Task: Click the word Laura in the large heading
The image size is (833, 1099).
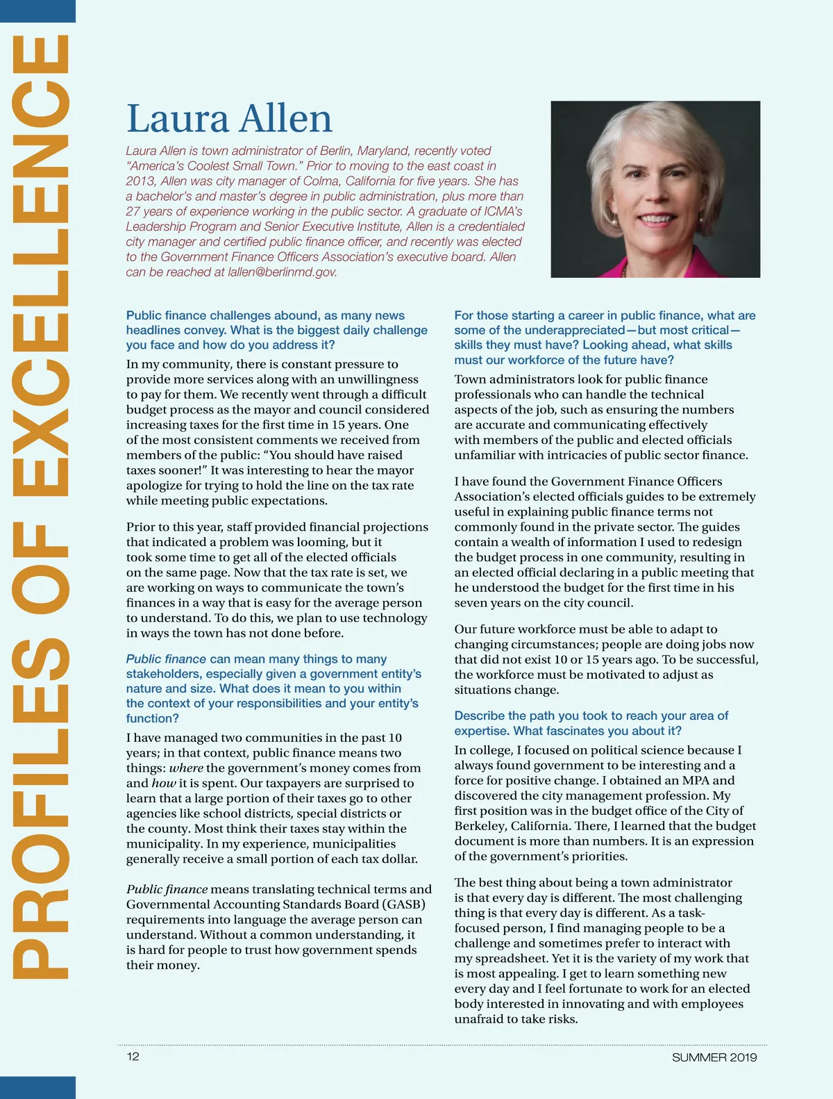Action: (178, 119)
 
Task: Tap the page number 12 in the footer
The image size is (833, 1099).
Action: (133, 1057)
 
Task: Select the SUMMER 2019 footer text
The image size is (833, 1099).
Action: (714, 1057)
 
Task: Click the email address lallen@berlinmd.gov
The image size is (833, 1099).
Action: (283, 272)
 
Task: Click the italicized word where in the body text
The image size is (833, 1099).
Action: (186, 768)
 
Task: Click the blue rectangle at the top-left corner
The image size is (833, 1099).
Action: (37, 10)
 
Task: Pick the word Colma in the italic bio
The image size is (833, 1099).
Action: (321, 181)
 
